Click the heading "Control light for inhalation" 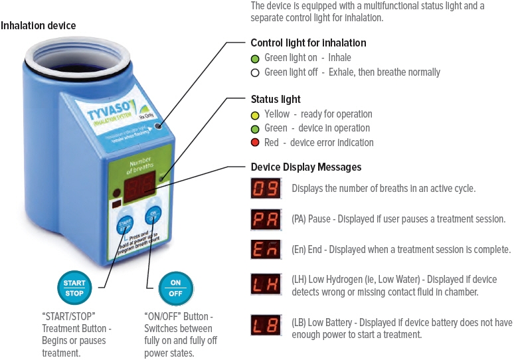[x=308, y=43]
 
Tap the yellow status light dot [x=255, y=114]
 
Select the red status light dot [x=255, y=143]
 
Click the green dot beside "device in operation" [x=255, y=128]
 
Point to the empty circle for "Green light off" [x=255, y=72]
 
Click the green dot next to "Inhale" [x=255, y=58]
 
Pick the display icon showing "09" [x=266, y=189]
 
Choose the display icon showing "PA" [x=266, y=219]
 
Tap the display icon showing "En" [x=266, y=250]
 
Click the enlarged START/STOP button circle [x=74, y=288]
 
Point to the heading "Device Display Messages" [x=305, y=167]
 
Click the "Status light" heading [x=275, y=100]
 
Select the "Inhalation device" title [x=39, y=26]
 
